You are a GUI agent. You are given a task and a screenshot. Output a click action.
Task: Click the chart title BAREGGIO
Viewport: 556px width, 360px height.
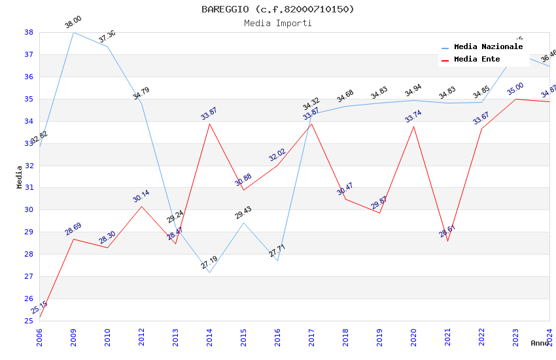[x=277, y=9]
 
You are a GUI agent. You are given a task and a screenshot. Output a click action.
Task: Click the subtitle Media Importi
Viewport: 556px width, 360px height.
[x=277, y=23]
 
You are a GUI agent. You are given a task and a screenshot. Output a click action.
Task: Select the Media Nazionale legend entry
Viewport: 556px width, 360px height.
[x=488, y=47]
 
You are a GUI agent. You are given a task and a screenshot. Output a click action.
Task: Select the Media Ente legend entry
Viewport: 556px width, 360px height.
[x=476, y=60]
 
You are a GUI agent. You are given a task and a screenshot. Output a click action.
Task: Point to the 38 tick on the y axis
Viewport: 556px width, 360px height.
[x=29, y=32]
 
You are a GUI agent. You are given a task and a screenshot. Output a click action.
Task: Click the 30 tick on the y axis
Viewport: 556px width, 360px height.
[x=29, y=210]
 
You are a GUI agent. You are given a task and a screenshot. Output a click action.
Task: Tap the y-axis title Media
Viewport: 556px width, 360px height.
[x=20, y=177]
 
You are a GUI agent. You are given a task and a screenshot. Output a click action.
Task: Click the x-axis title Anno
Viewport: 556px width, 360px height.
[x=540, y=343]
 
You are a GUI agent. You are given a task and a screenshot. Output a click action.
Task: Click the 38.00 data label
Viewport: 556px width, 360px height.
[x=73, y=23]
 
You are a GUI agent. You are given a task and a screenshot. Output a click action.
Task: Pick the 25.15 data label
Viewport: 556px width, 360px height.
[x=39, y=307]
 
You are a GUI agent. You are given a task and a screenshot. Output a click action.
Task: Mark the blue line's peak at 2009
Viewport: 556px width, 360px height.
[x=73, y=32]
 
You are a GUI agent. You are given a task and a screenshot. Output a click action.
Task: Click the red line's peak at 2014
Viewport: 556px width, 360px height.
[x=209, y=124]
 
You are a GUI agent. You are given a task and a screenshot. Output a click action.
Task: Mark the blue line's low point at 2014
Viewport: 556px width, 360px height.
[x=209, y=272]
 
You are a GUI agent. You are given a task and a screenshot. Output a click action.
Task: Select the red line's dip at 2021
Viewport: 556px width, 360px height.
[x=447, y=241]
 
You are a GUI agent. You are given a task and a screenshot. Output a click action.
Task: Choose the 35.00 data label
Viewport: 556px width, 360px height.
[x=515, y=89]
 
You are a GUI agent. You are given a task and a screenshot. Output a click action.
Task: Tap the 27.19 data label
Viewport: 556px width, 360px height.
[x=209, y=263]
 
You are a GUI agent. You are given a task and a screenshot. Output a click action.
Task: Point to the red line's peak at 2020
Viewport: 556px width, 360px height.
[x=413, y=126]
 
